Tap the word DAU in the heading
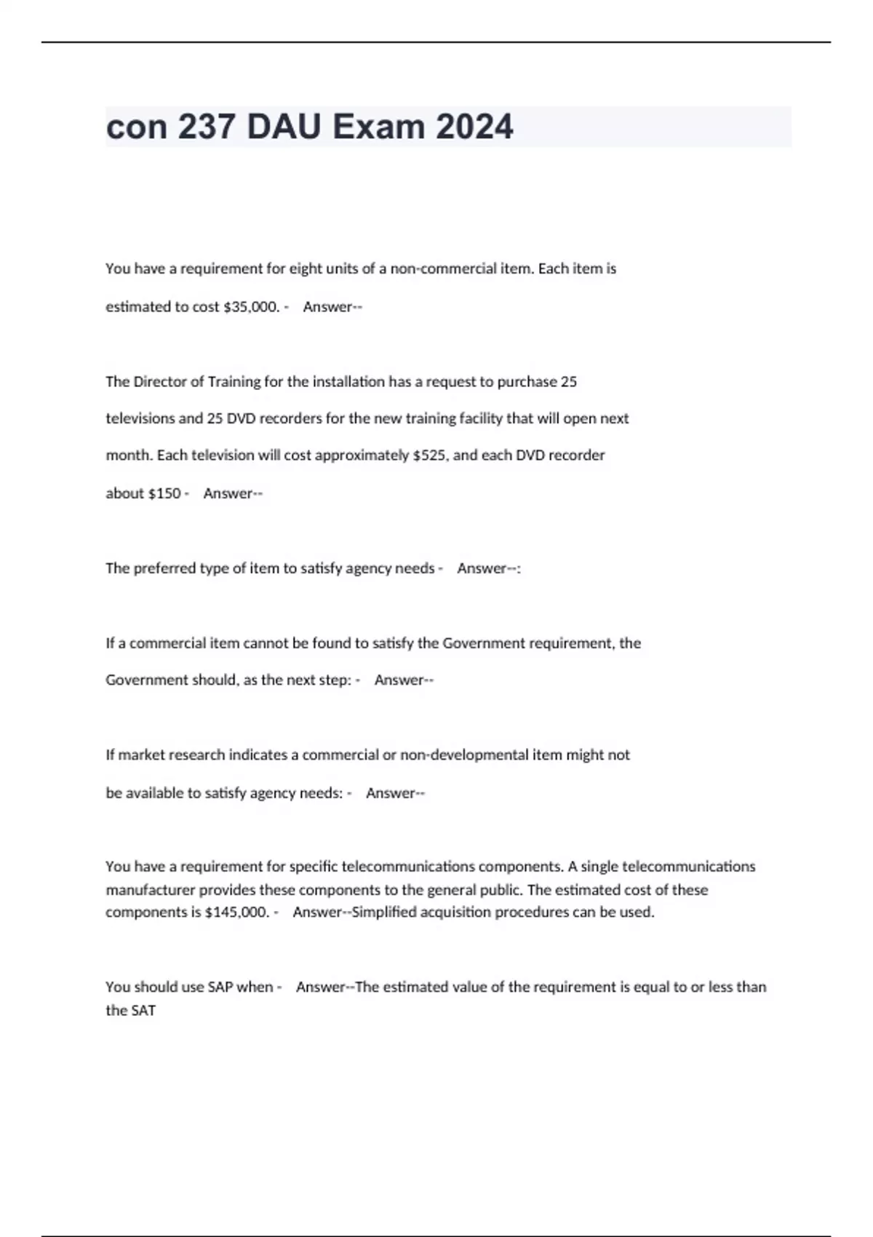pos(284,127)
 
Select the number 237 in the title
pos(207,127)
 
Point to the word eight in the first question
pos(306,269)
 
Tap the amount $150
pos(164,493)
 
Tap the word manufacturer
pos(150,890)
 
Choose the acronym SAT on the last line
pos(143,1011)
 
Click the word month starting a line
pos(128,456)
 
